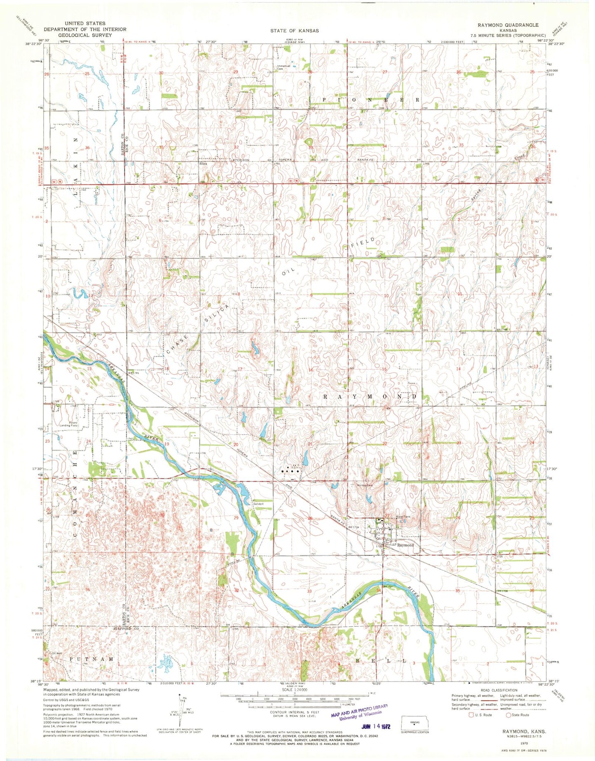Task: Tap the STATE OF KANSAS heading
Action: (294, 30)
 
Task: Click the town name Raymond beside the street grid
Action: (405, 545)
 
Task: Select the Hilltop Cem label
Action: (364, 485)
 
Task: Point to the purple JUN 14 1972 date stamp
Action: (376, 726)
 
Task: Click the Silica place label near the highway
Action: (203, 163)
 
